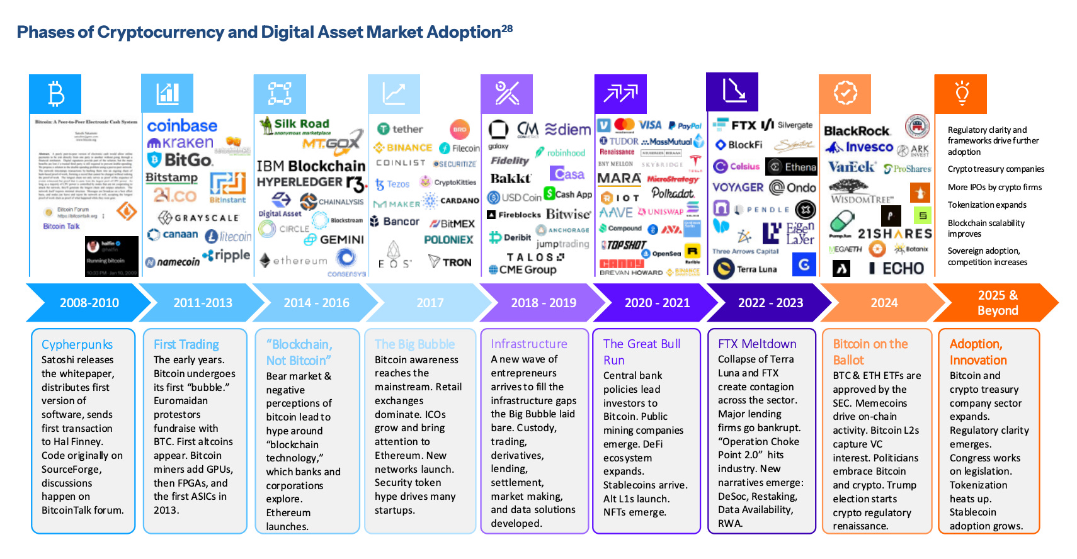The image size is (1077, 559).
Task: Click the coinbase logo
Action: click(x=182, y=126)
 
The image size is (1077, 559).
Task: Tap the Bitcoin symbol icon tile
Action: click(x=55, y=94)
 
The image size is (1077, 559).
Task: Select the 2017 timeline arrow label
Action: click(x=430, y=303)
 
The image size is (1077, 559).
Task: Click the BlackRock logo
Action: click(x=857, y=131)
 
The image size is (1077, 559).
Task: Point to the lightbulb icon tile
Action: click(x=961, y=94)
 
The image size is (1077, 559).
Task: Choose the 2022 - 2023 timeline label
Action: click(x=770, y=303)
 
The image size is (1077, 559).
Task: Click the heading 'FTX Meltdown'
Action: click(x=757, y=344)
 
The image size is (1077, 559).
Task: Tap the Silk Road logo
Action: click(x=295, y=125)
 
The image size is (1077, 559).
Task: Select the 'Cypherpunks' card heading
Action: click(x=77, y=344)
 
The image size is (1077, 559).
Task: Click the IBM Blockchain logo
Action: click(x=311, y=166)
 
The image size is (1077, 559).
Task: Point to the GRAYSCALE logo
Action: click(x=199, y=218)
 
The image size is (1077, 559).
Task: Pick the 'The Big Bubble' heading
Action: click(x=414, y=344)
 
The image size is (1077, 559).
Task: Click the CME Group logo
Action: click(x=523, y=269)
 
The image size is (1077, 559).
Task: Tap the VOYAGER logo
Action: click(x=738, y=187)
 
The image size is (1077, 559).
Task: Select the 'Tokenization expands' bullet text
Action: click(x=987, y=205)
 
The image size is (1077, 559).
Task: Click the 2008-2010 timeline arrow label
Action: click(x=89, y=303)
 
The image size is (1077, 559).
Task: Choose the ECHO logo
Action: click(x=897, y=269)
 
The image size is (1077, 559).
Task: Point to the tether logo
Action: click(x=401, y=129)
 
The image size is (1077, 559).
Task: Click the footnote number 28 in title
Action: click(x=507, y=28)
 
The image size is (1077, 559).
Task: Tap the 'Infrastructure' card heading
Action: click(x=529, y=344)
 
